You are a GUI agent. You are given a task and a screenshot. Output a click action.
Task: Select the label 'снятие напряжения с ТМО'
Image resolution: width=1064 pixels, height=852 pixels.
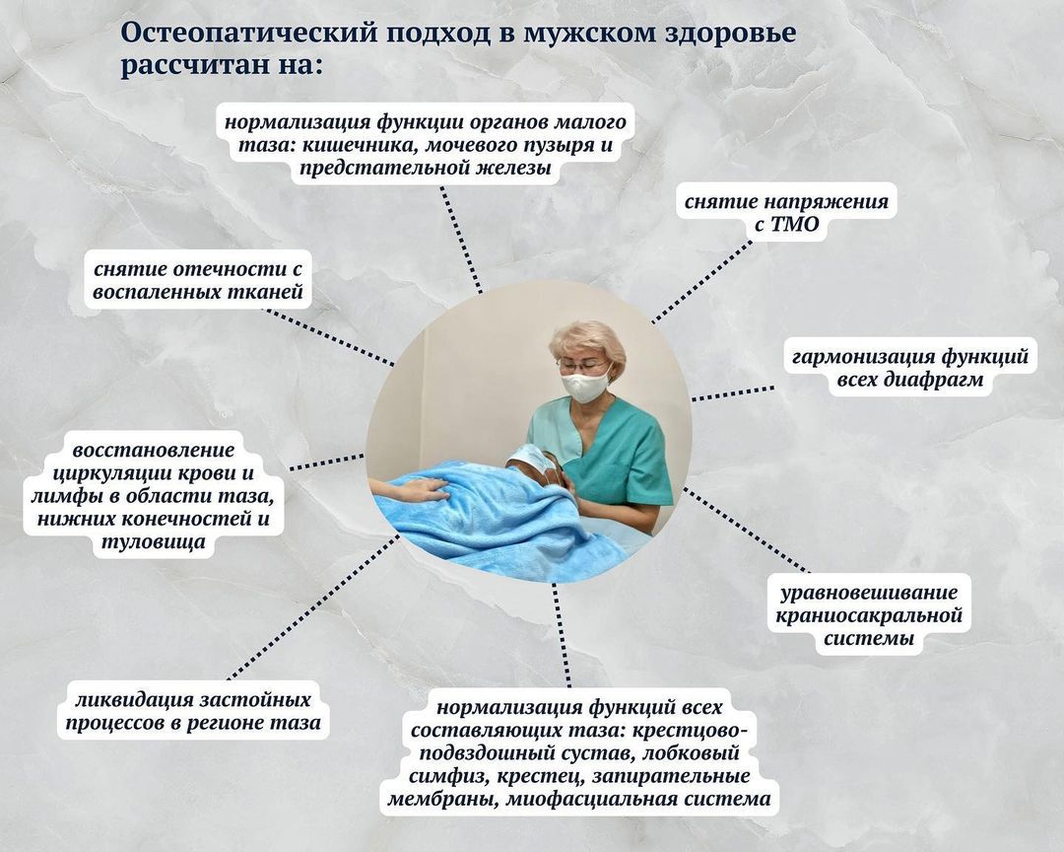pyautogui.click(x=786, y=212)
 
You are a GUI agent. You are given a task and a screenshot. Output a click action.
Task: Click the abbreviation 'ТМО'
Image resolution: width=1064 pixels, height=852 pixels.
pyautogui.click(x=796, y=224)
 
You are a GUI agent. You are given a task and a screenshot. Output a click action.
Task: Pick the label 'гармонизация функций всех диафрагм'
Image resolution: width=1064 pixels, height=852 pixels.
pyautogui.click(x=910, y=367)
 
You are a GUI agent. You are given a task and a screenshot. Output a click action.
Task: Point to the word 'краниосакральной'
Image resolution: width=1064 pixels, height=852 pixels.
pyautogui.click(x=869, y=615)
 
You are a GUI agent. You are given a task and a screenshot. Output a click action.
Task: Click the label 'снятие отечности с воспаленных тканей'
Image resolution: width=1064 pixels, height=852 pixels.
pyautogui.click(x=197, y=280)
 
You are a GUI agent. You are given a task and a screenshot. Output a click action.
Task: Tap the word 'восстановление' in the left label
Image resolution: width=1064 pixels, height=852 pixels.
pyautogui.click(x=154, y=450)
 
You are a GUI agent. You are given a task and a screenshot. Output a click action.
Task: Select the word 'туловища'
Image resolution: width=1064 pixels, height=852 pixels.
pyautogui.click(x=154, y=542)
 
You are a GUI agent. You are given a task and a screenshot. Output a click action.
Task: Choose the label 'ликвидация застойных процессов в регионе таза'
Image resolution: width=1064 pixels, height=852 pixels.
pyautogui.click(x=193, y=710)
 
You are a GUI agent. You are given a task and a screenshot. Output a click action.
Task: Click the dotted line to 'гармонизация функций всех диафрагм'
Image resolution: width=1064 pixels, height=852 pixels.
pyautogui.click(x=733, y=393)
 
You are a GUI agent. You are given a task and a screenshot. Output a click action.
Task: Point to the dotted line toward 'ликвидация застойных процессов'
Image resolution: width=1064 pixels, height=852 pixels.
pyautogui.click(x=313, y=606)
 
